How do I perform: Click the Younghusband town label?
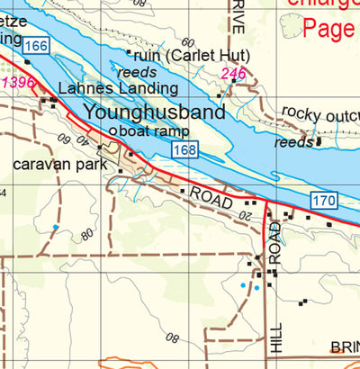tap(166, 113)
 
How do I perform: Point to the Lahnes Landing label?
tap(118, 89)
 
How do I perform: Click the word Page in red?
tap(329, 30)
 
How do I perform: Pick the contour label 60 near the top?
tap(187, 42)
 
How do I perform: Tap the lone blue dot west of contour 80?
tap(55, 227)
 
